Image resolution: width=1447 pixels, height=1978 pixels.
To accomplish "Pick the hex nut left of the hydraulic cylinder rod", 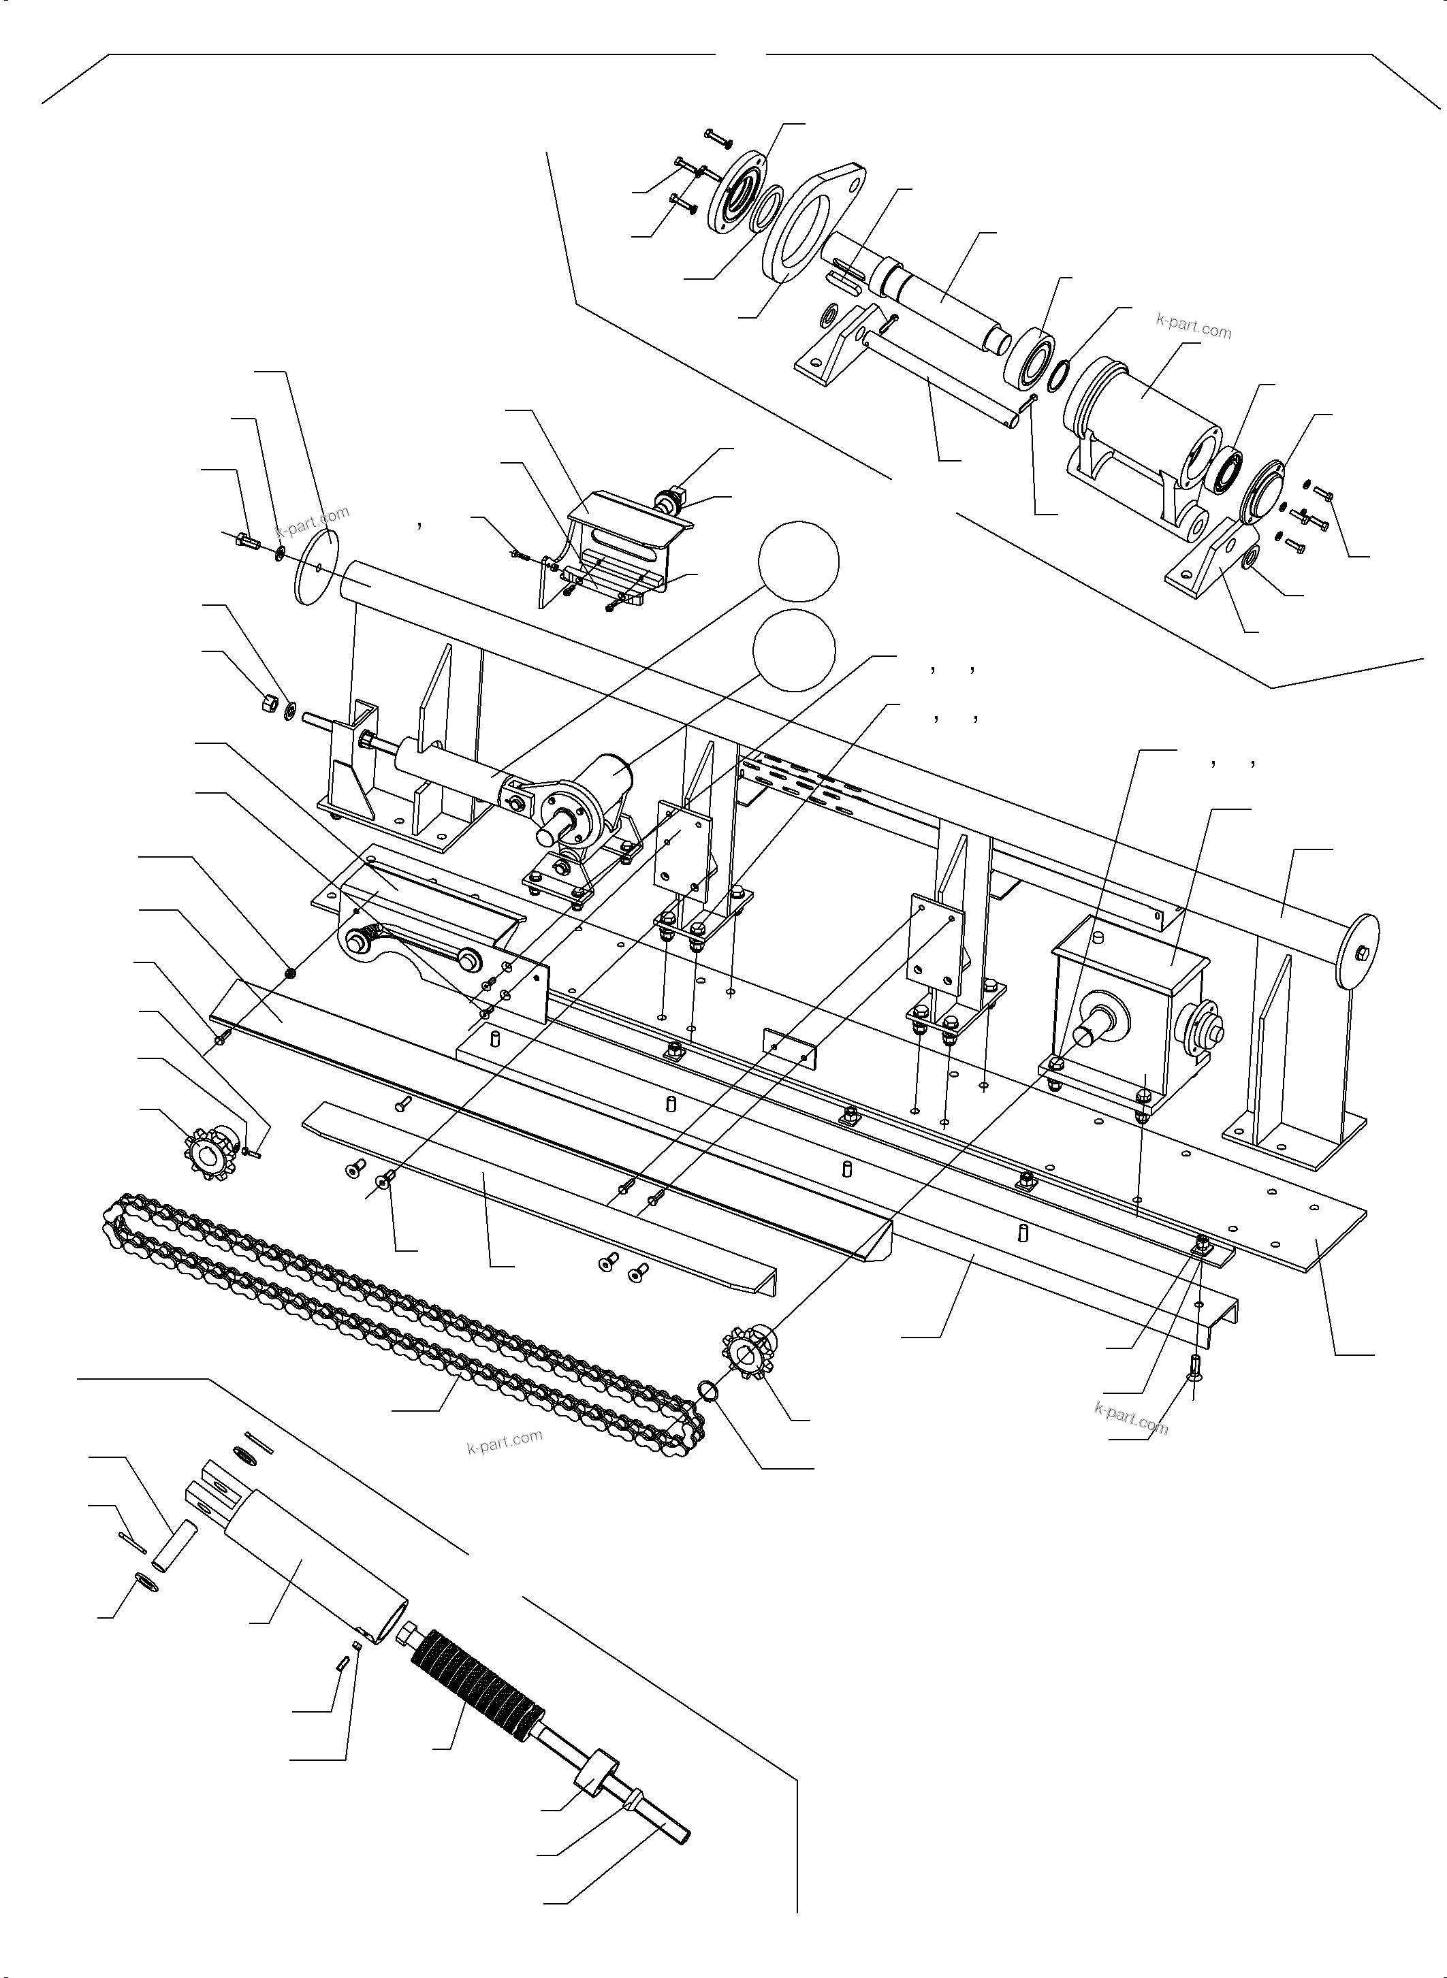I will pos(270,702).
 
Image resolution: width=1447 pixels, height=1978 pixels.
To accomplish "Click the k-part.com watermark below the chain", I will pos(505,1440).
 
